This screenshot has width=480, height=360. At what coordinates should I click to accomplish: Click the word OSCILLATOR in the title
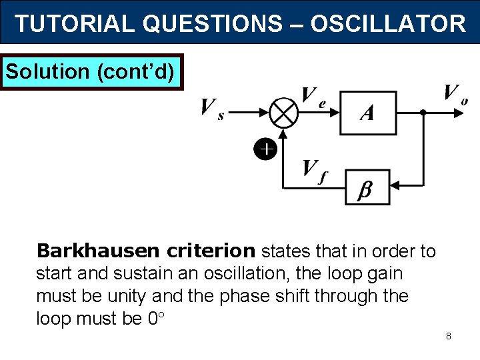(x=388, y=24)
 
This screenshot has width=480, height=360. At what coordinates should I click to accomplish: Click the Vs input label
(x=212, y=108)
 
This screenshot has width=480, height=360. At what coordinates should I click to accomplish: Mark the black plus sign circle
(x=265, y=149)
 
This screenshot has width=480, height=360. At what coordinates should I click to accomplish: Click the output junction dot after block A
(x=423, y=113)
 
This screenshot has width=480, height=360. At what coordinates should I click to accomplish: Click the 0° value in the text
(x=154, y=318)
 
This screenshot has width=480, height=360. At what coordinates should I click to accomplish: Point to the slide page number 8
(x=449, y=336)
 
